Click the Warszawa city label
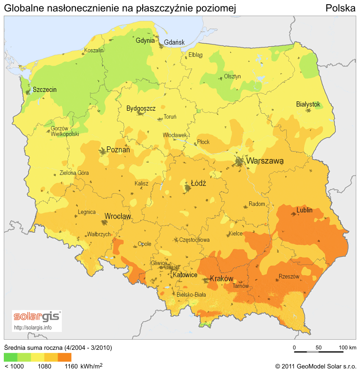(x=265, y=161)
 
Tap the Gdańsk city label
(x=174, y=42)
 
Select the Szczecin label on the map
(x=44, y=90)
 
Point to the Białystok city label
(x=308, y=104)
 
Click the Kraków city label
(x=222, y=279)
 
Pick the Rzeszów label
(x=289, y=276)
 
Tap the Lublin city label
(x=305, y=210)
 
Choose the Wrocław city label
(x=118, y=216)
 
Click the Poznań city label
(x=118, y=150)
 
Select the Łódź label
(x=198, y=184)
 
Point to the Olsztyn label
(x=232, y=76)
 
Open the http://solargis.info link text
(x=33, y=327)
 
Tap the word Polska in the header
(x=340, y=8)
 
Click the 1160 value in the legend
(x=71, y=366)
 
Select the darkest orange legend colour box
(x=65, y=357)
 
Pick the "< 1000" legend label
(x=14, y=366)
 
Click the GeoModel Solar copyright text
(x=316, y=366)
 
